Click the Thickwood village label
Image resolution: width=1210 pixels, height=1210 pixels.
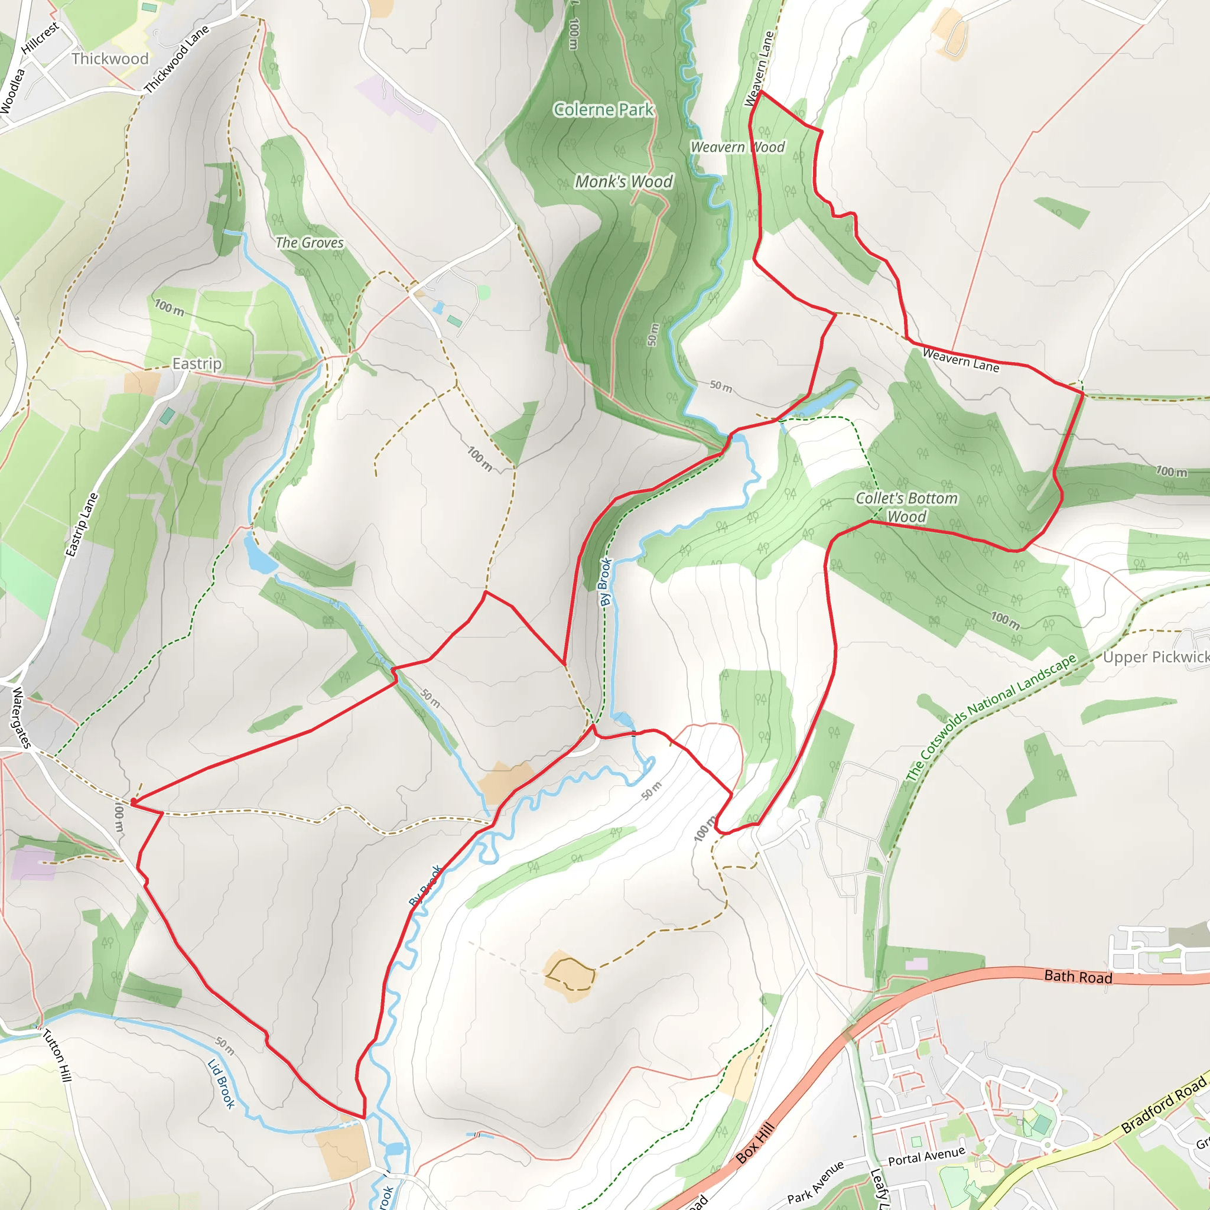pyautogui.click(x=110, y=58)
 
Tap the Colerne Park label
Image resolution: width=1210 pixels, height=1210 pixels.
pyautogui.click(x=603, y=110)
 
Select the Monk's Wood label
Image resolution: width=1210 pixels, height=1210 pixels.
pyautogui.click(x=624, y=181)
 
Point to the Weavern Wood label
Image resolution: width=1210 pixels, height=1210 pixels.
pyautogui.click(x=737, y=147)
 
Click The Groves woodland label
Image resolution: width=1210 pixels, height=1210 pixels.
pyautogui.click(x=310, y=242)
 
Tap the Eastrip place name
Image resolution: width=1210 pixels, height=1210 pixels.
pyautogui.click(x=197, y=364)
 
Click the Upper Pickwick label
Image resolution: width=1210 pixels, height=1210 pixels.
pyautogui.click(x=1156, y=657)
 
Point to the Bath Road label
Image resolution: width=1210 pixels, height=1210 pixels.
pyautogui.click(x=1078, y=977)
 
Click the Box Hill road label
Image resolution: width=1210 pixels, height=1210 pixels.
pyautogui.click(x=755, y=1144)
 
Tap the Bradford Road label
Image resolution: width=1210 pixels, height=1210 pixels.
pyautogui.click(x=1164, y=1105)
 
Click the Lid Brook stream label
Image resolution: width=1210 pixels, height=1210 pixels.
pyautogui.click(x=221, y=1084)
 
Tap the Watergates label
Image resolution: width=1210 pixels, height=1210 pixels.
pyautogui.click(x=21, y=718)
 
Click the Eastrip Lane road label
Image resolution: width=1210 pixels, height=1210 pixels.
pyautogui.click(x=82, y=525)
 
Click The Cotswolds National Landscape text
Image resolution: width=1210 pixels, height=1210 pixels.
pyautogui.click(x=991, y=717)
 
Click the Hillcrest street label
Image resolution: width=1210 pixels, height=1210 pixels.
pyautogui.click(x=40, y=38)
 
